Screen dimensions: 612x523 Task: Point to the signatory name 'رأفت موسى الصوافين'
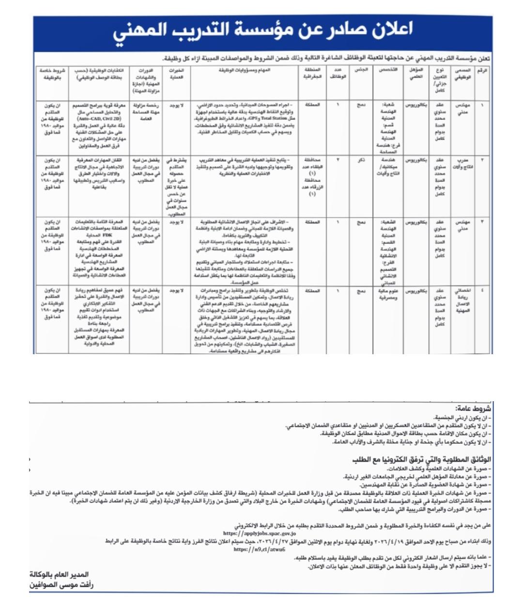coord(61,584)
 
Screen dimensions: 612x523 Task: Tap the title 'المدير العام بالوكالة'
coord(62,575)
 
